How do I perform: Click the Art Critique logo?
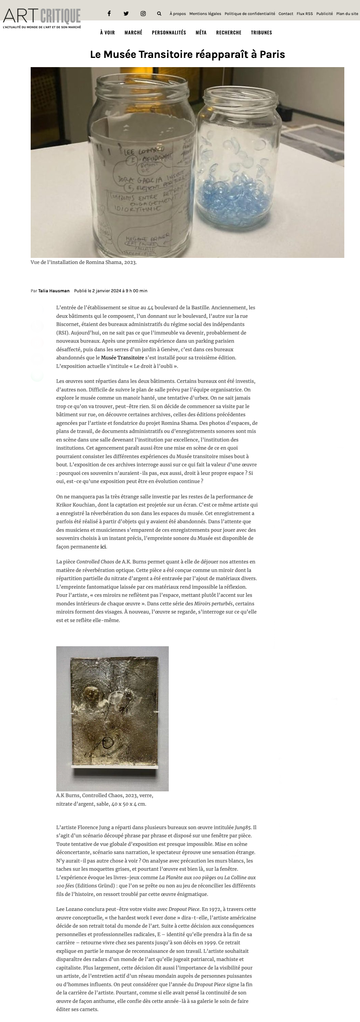coord(42,18)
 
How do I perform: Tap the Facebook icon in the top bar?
coord(109,14)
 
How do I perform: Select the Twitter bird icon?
coord(126,14)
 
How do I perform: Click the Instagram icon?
coord(143,14)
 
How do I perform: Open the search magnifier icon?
coord(159,14)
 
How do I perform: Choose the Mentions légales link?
coord(205,14)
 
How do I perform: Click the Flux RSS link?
coord(304,14)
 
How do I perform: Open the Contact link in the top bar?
coord(286,14)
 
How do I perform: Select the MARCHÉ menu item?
coord(133,32)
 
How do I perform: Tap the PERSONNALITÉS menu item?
coord(169,32)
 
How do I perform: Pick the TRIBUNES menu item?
coord(261,32)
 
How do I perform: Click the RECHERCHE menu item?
coord(229,32)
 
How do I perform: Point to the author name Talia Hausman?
coord(54,291)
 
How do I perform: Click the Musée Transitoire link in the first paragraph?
coord(122,358)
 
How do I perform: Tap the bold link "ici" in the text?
coord(103,547)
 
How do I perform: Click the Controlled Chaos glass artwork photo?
coord(112,718)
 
